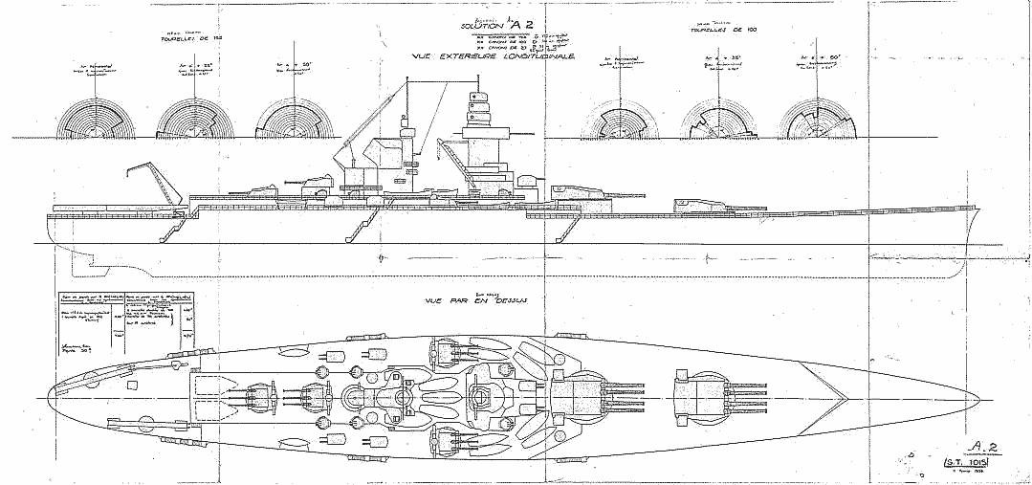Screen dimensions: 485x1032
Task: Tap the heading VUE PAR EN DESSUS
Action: [x=478, y=298]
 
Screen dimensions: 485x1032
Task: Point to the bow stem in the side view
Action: [x=979, y=225]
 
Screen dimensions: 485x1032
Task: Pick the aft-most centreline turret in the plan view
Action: [x=261, y=395]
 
